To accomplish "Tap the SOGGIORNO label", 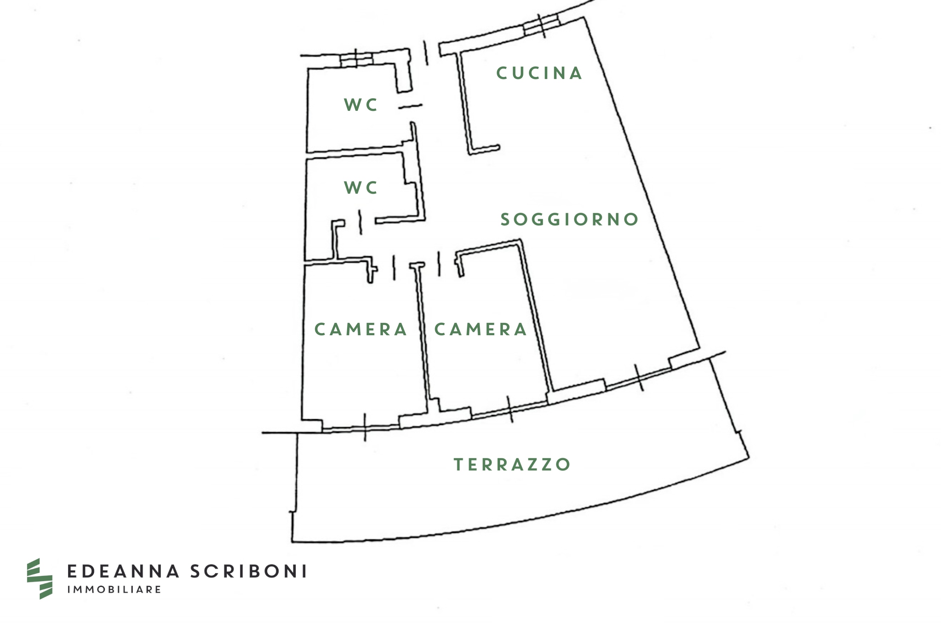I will click(x=569, y=219).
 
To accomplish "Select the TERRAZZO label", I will click(x=512, y=464).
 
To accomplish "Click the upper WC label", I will click(x=360, y=105).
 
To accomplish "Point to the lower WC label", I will click(x=360, y=187).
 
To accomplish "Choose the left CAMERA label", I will click(x=360, y=329).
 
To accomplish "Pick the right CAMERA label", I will click(x=480, y=329).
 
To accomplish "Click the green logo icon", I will click(x=40, y=579).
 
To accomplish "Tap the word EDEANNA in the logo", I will click(x=123, y=571).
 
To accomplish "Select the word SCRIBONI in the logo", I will click(x=248, y=571).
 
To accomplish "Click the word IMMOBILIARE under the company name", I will click(x=114, y=589).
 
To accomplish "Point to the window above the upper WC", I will click(x=356, y=59).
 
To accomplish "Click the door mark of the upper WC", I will click(x=410, y=106).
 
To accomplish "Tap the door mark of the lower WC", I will click(x=360, y=222).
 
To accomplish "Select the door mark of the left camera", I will click(x=394, y=268).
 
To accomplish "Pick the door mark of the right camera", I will click(x=439, y=263).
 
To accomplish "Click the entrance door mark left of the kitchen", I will click(x=426, y=53).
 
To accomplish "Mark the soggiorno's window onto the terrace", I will click(x=639, y=377).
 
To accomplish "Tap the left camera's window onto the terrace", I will click(x=365, y=427).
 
